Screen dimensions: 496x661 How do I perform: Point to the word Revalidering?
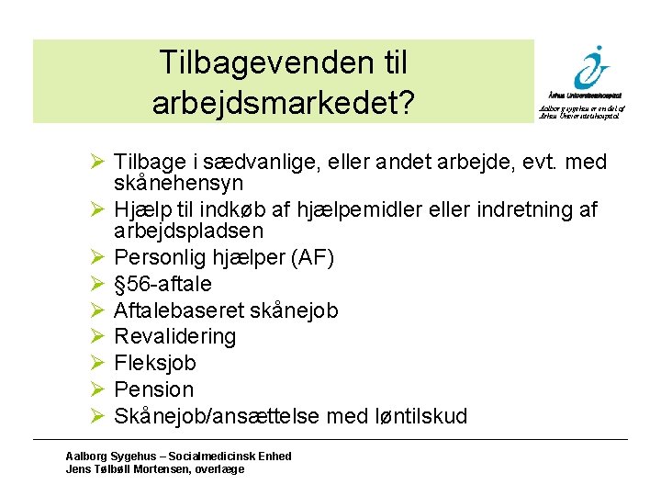coord(174,337)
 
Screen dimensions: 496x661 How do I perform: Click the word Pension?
coord(154,390)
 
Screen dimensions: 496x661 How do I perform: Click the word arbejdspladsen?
coord(188,231)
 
